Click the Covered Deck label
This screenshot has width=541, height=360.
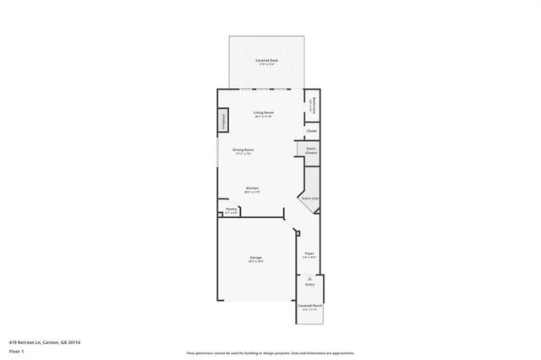pos(266,61)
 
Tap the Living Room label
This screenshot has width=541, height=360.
pos(264,112)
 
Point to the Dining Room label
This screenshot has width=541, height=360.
pos(243,150)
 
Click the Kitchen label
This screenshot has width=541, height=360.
pos(252,188)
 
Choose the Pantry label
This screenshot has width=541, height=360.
pos(231,210)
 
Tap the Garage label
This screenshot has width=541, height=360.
pos(255,257)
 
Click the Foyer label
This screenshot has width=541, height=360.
pos(309,252)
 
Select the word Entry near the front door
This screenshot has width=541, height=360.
pos(309,285)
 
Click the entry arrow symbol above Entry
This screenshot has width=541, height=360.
pos(309,277)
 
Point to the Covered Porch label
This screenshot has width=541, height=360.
pos(309,305)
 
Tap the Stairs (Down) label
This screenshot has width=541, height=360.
pos(310,150)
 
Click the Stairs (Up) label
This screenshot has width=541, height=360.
pos(309,199)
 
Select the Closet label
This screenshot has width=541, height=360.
pos(311,131)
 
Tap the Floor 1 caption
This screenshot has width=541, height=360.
pos(16,351)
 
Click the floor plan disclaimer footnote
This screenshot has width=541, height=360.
pos(270,353)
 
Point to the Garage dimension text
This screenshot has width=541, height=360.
pos(255,262)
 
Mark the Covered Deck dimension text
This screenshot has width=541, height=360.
pos(266,66)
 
